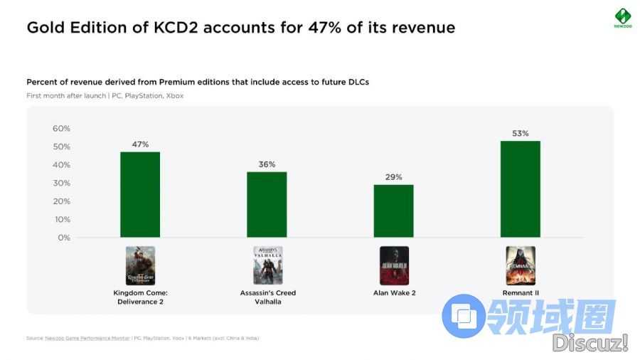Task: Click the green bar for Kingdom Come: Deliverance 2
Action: pyautogui.click(x=140, y=194)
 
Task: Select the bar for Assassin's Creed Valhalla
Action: pyautogui.click(x=267, y=204)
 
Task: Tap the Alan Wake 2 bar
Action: pyautogui.click(x=393, y=211)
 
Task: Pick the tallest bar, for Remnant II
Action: pyautogui.click(x=520, y=189)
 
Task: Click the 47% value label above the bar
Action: pyautogui.click(x=140, y=144)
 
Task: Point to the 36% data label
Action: pyautogui.click(x=267, y=164)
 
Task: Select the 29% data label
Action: pyautogui.click(x=393, y=176)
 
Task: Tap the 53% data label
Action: pyautogui.click(x=520, y=133)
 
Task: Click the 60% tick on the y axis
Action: pyautogui.click(x=62, y=129)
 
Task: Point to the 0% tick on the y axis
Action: pyautogui.click(x=64, y=238)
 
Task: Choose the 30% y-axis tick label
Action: pyautogui.click(x=62, y=183)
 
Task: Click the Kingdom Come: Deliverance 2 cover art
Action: pyautogui.click(x=140, y=265)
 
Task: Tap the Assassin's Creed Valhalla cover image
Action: pyautogui.click(x=267, y=265)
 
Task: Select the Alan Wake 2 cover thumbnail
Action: pyautogui.click(x=394, y=265)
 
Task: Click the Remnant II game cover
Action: pyautogui.click(x=520, y=265)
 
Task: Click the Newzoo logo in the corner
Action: pyautogui.click(x=623, y=17)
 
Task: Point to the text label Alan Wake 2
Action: pyautogui.click(x=394, y=292)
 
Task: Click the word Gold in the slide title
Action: pyautogui.click(x=43, y=28)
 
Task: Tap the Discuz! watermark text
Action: pyautogui.click(x=590, y=343)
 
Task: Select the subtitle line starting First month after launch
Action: pyautogui.click(x=105, y=95)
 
